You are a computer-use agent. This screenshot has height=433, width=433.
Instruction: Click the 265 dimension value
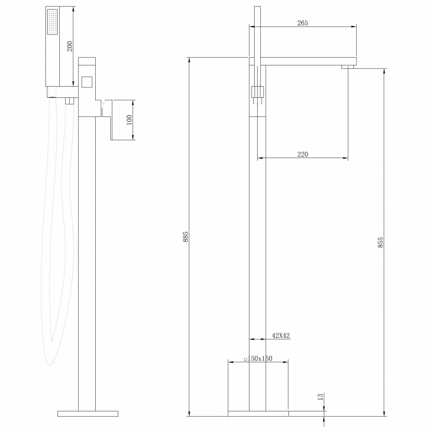coord(303,23)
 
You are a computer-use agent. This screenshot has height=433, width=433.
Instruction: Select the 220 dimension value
coord(303,155)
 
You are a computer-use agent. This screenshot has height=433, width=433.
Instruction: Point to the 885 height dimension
coord(186,237)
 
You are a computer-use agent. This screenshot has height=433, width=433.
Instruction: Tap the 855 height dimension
coord(381,242)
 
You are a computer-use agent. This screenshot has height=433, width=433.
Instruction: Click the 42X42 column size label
coord(281,336)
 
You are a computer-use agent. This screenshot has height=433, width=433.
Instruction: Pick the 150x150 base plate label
coord(259,358)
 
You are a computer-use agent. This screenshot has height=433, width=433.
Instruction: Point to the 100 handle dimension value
coord(129,120)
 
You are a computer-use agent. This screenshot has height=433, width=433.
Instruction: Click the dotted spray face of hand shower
coord(53,22)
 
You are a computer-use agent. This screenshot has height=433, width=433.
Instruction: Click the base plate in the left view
coord(88,414)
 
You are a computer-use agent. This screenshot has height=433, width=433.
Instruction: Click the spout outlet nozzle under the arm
coord(348,67)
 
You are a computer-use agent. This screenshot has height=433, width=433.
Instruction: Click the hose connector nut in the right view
coord(257,93)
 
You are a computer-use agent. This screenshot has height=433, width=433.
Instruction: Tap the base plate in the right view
coord(258,414)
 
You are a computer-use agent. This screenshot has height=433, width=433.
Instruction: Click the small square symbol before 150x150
coord(246,359)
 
